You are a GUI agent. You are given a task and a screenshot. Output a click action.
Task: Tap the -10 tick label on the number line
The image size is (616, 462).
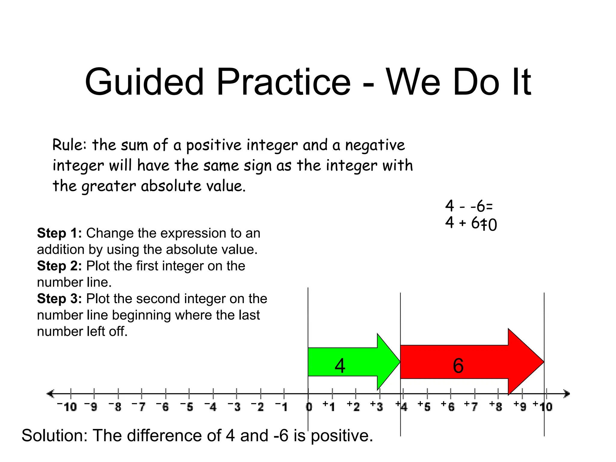click(x=67, y=407)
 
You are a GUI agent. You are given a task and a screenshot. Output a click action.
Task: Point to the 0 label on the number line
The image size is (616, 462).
click(x=309, y=407)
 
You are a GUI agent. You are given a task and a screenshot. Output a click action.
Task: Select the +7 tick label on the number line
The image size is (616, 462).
click(x=471, y=407)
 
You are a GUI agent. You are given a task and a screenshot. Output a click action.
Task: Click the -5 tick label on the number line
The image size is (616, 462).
click(x=187, y=407)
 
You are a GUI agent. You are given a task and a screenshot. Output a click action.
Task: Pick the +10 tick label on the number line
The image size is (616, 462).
click(x=543, y=407)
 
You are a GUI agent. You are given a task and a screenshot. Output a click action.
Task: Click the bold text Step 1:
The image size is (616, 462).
click(x=59, y=233)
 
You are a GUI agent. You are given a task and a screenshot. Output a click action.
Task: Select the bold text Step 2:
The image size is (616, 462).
click(x=59, y=266)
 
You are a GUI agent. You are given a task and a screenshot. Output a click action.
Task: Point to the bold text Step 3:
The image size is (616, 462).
click(x=59, y=299)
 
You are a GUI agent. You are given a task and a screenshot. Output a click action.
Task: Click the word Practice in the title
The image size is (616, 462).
click(x=283, y=82)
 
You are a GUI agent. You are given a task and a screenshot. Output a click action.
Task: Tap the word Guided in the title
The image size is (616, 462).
click(x=144, y=82)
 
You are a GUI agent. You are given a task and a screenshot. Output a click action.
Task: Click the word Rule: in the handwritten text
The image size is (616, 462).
click(x=69, y=145)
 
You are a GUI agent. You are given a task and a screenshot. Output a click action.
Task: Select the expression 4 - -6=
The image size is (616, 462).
click(x=469, y=206)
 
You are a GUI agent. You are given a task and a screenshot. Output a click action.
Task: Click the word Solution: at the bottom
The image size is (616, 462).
click(x=54, y=436)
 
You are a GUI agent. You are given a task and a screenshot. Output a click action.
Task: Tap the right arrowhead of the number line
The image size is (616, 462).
click(x=567, y=393)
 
